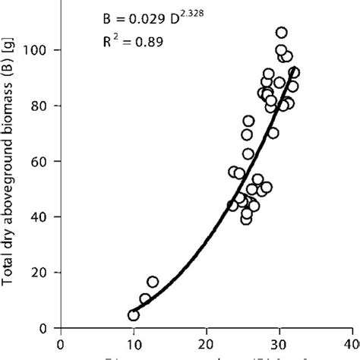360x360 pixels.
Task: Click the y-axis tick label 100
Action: (43, 50)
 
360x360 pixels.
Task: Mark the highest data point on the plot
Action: (281, 33)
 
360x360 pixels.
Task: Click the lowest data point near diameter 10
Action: (134, 315)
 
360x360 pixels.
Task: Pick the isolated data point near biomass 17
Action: (153, 282)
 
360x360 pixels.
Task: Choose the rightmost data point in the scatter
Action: (294, 73)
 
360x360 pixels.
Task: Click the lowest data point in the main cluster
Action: (246, 219)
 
